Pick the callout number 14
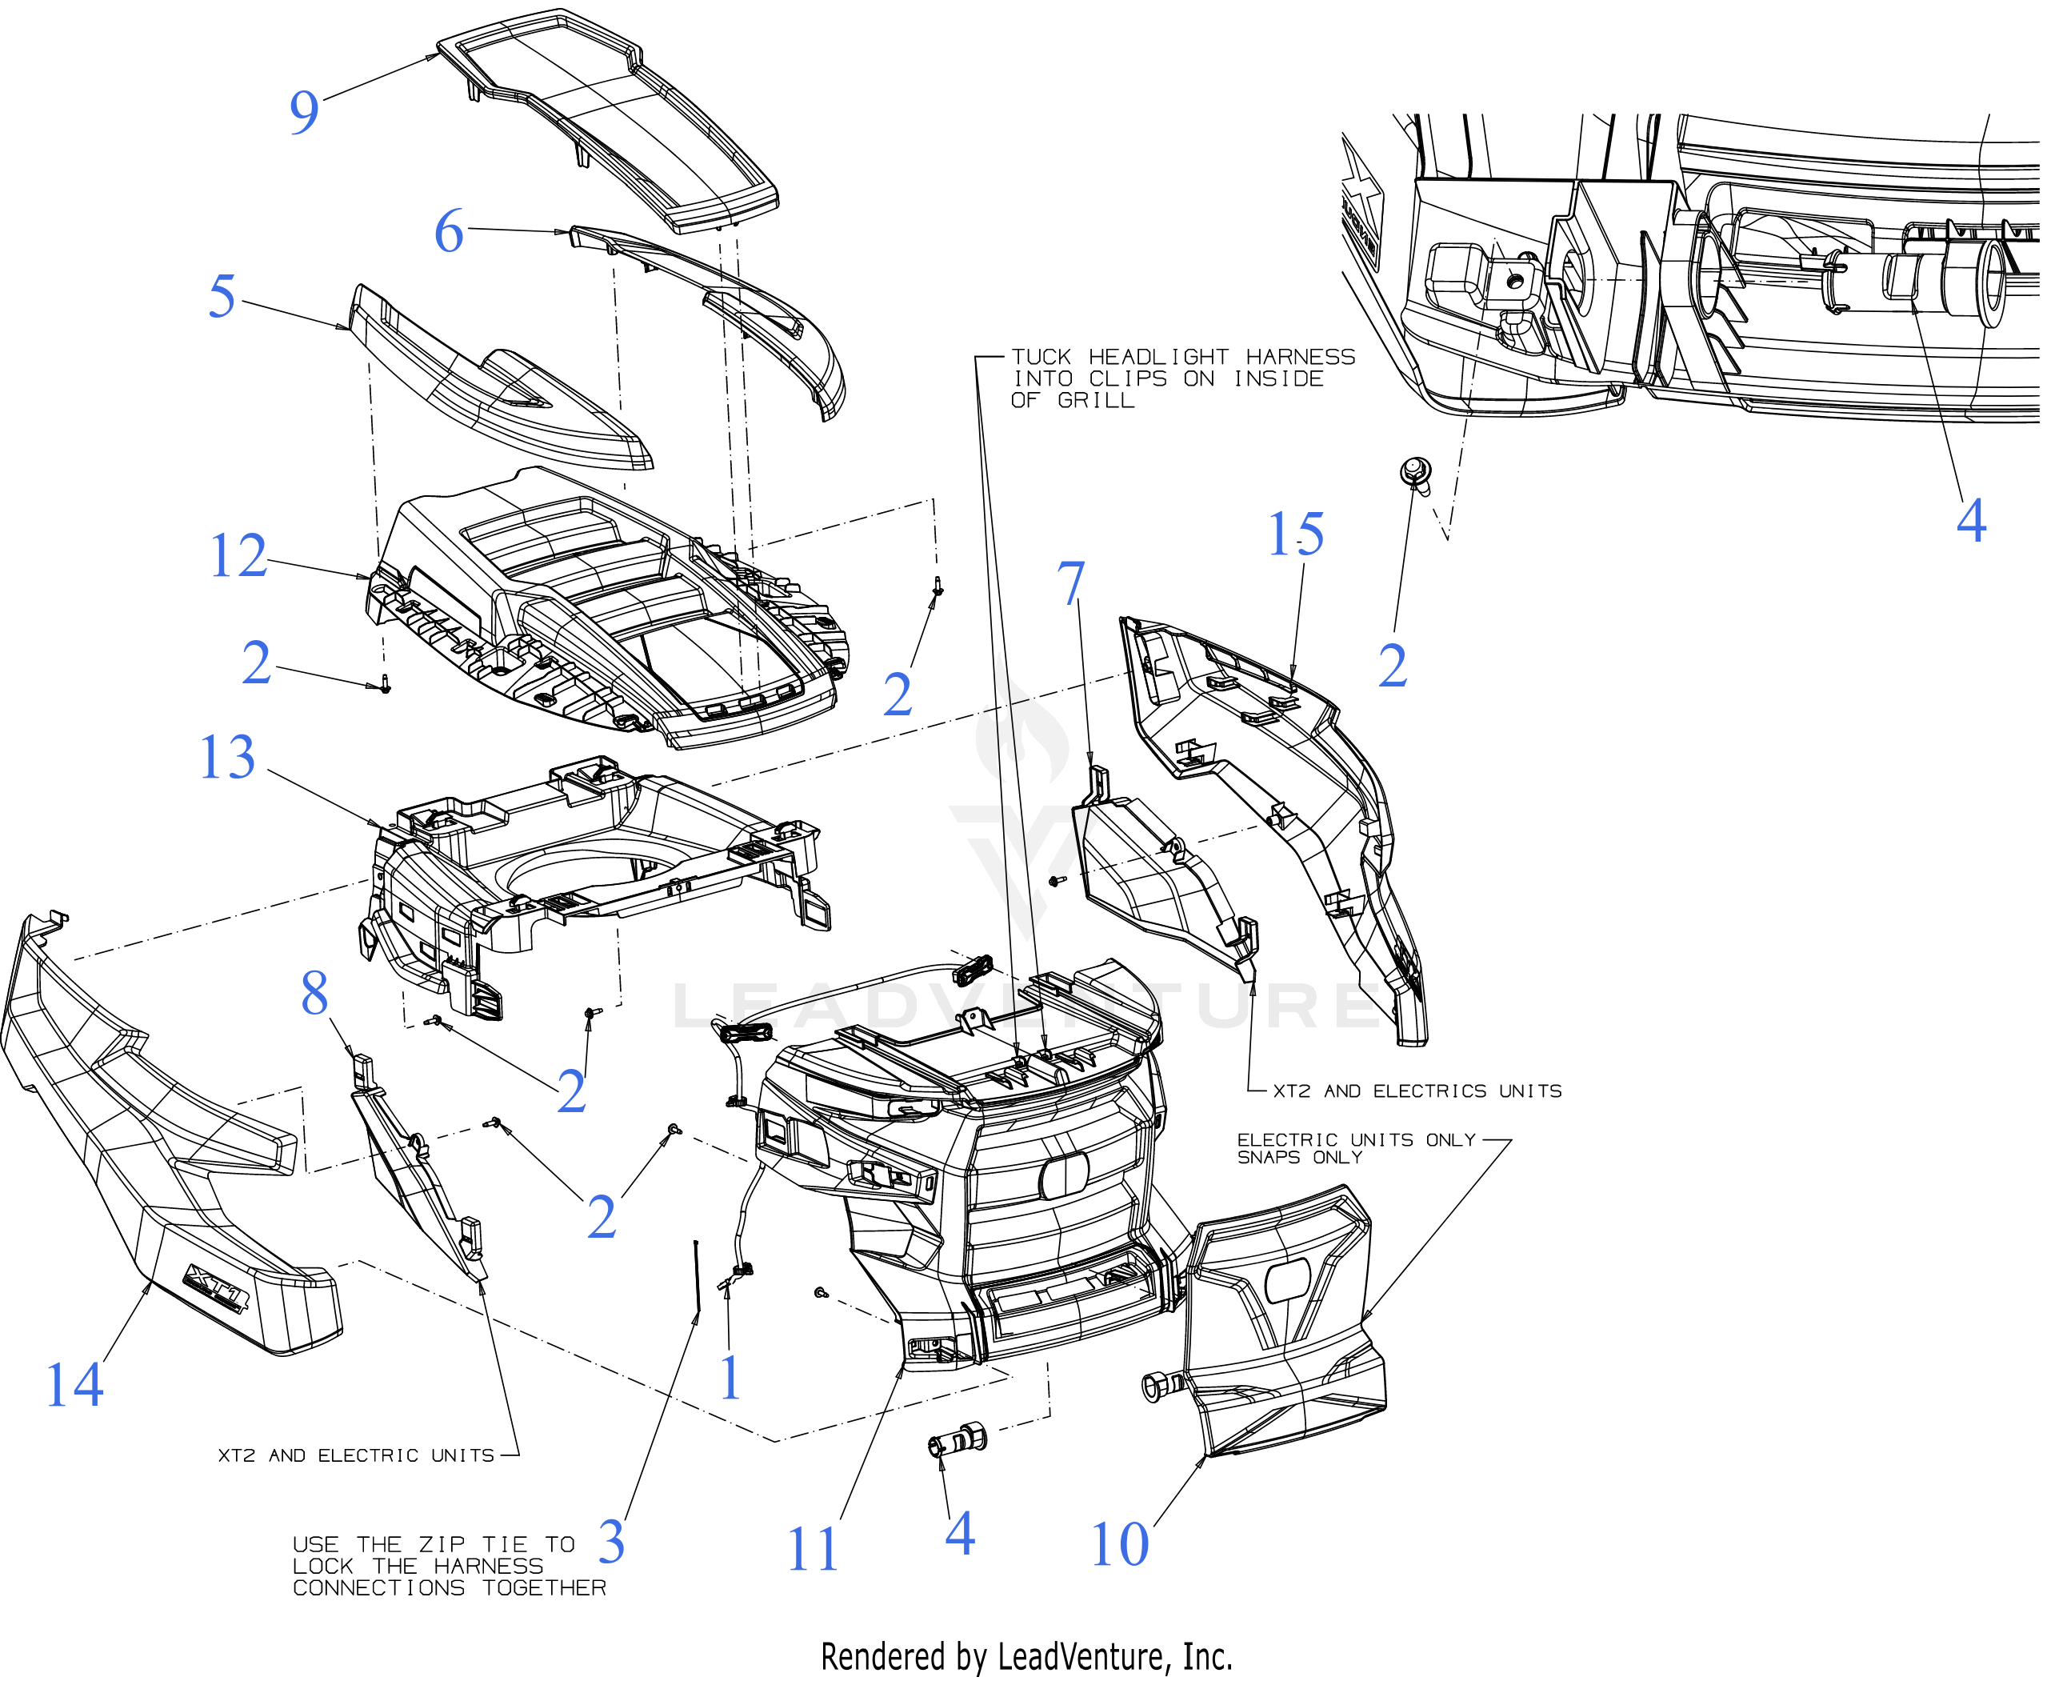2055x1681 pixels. (x=74, y=1385)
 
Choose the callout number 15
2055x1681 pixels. (x=1295, y=534)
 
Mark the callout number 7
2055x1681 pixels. (x=1070, y=583)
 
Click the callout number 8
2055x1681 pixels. (x=314, y=994)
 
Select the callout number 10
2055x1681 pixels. (x=1119, y=1543)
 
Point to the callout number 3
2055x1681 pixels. (x=611, y=1541)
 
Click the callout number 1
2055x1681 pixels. (x=731, y=1378)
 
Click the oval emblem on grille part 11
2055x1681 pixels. (x=1063, y=1175)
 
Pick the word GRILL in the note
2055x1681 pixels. (x=1096, y=401)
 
